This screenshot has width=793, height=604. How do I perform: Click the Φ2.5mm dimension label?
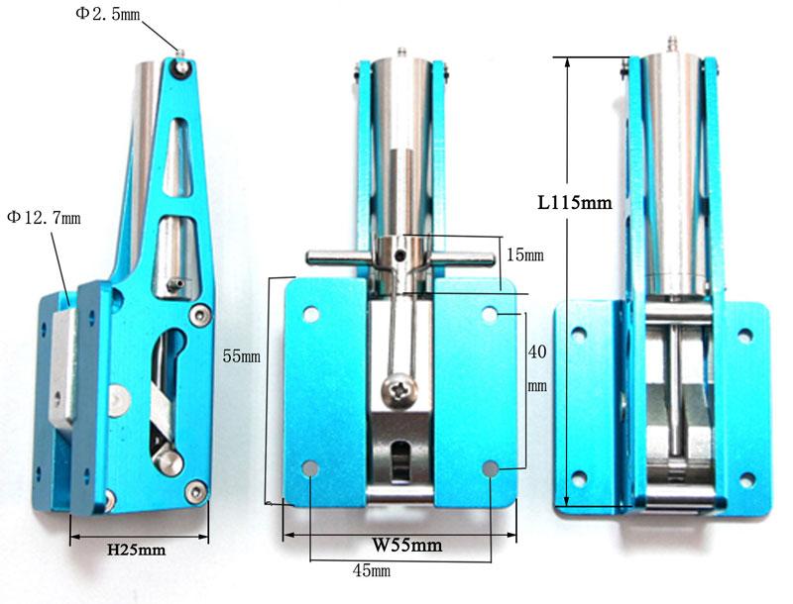coord(108,13)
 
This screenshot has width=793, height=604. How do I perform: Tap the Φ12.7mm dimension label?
coord(44,218)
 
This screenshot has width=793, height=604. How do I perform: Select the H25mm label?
coord(136,550)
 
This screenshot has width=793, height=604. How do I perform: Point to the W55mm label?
coord(407,545)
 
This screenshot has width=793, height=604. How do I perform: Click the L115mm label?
coord(575,203)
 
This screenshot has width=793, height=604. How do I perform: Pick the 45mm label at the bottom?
coord(371,570)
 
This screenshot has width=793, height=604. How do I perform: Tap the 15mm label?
coord(525,255)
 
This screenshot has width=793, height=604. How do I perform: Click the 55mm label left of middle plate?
coord(241,356)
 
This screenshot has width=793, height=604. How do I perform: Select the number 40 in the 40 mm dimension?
coord(537,352)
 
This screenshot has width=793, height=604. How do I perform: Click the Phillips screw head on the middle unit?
coord(400,389)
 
